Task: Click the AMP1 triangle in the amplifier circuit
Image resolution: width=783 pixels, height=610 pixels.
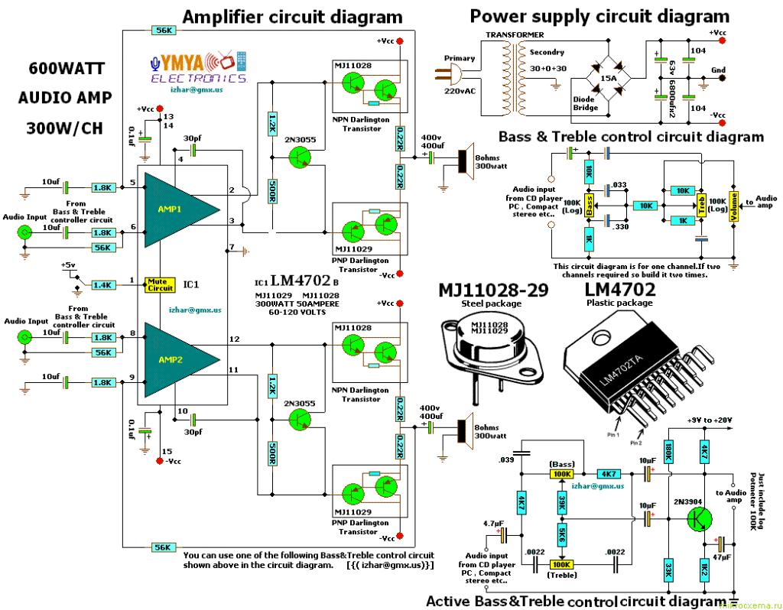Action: click(177, 208)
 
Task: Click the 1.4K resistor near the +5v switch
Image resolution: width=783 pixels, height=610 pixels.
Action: click(103, 285)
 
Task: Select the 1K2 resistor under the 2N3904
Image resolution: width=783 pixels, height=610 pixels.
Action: click(705, 569)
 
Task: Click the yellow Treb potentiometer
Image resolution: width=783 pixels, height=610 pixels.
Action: click(700, 206)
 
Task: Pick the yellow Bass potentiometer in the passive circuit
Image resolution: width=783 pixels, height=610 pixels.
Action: click(590, 206)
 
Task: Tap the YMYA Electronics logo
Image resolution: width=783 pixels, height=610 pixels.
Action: click(199, 69)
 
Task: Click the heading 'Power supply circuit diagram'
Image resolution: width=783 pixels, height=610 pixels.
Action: click(599, 15)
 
